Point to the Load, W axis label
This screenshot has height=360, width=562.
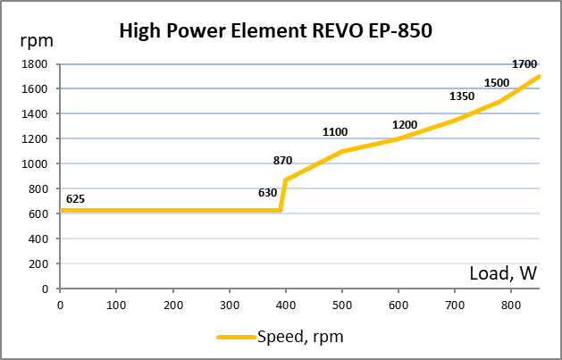click(x=503, y=273)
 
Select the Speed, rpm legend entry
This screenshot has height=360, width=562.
click(x=280, y=337)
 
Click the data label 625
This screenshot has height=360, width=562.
click(x=75, y=198)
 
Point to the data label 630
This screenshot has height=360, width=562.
click(x=267, y=192)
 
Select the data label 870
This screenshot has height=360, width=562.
click(x=282, y=161)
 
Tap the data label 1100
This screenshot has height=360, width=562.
click(x=335, y=132)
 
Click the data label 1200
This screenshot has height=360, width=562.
click(x=405, y=125)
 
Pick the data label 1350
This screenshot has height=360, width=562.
click(x=461, y=96)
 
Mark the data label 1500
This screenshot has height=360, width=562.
click(x=497, y=83)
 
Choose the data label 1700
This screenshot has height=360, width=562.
click(x=524, y=64)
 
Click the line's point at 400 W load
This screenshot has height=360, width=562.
click(x=285, y=180)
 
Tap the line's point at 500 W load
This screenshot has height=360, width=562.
click(x=342, y=152)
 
